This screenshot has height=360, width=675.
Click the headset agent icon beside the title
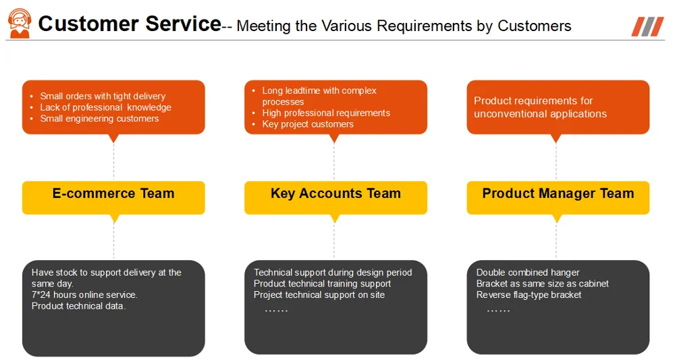click(19, 24)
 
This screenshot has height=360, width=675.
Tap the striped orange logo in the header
click(647, 27)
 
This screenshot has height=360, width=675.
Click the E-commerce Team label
click(113, 194)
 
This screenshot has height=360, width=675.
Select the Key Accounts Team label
click(335, 194)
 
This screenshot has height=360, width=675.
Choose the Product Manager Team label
click(558, 194)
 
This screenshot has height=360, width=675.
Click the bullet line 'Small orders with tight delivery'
click(103, 96)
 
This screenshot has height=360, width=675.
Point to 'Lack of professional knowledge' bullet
click(105, 107)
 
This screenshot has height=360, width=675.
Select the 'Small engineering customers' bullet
click(99, 118)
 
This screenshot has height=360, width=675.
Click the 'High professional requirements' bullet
click(326, 113)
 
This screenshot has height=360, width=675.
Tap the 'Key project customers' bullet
click(308, 124)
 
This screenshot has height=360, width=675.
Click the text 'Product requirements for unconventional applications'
click(540, 107)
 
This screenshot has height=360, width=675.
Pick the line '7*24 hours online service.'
click(84, 294)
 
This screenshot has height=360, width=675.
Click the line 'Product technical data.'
click(78, 306)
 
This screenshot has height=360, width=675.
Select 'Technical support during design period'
click(333, 272)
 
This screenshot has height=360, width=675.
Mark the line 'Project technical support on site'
click(319, 294)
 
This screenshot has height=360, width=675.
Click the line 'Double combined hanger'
click(528, 272)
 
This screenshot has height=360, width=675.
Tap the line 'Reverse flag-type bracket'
click(529, 294)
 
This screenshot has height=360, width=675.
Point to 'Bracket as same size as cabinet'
click(542, 284)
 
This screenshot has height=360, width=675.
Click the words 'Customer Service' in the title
click(130, 24)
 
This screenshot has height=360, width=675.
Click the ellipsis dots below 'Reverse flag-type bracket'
click(498, 309)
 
